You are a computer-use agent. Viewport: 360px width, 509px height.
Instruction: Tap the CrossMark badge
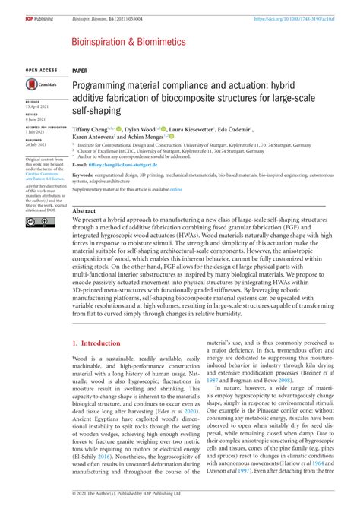[x=36, y=87]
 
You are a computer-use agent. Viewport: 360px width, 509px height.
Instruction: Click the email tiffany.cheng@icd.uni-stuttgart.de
[x=120, y=164]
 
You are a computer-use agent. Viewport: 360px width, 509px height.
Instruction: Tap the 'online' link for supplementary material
[x=175, y=188]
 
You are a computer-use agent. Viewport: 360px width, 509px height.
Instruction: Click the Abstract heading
[x=84, y=210]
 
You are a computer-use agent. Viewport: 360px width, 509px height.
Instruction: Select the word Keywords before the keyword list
[x=83, y=175]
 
